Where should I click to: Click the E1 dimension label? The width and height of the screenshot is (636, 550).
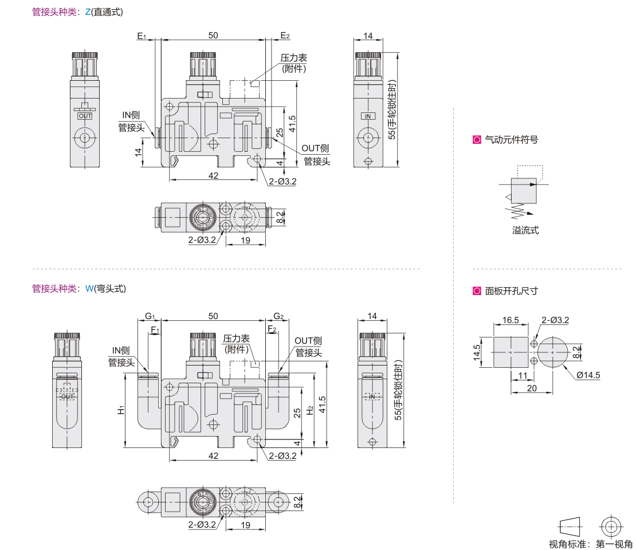[142, 36]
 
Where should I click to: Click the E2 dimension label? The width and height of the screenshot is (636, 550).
[285, 36]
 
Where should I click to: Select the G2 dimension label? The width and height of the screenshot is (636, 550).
[278, 316]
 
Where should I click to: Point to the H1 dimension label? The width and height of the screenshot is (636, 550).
[121, 410]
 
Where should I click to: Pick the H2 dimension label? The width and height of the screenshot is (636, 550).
[310, 410]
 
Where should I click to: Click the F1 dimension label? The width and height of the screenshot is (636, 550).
[155, 329]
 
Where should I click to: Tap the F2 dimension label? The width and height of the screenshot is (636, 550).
[272, 329]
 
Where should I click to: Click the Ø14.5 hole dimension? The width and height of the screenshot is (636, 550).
[588, 375]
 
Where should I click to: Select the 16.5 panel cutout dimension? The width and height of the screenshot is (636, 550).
[511, 320]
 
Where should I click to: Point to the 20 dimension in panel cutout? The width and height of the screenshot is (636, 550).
[532, 388]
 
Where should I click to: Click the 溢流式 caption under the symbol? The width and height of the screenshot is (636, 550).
[525, 231]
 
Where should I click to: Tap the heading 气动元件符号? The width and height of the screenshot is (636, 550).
[511, 139]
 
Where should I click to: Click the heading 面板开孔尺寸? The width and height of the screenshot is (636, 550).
[511, 291]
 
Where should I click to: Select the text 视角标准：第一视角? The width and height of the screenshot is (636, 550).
[591, 544]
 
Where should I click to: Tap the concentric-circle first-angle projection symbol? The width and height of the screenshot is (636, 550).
[611, 527]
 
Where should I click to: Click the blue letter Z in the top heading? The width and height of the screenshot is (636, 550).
[88, 11]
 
